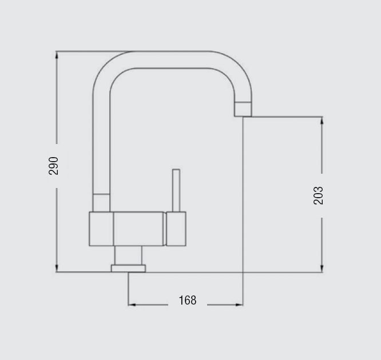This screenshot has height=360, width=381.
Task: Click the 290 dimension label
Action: [x=53, y=166]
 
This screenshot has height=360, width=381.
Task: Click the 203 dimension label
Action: [x=318, y=195]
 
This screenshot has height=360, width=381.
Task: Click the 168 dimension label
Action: [x=188, y=300]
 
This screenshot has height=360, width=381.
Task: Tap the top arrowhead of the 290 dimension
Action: [x=57, y=55]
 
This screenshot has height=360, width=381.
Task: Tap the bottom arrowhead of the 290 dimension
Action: [x=57, y=268]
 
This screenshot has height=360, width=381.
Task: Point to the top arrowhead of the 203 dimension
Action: [x=322, y=121]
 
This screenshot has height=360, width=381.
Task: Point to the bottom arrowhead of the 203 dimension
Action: [x=322, y=269]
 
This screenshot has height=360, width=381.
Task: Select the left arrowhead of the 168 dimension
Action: [x=132, y=305]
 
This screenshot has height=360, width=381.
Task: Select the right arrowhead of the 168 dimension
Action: [x=239, y=305]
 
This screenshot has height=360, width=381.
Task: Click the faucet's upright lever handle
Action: [x=176, y=190]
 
